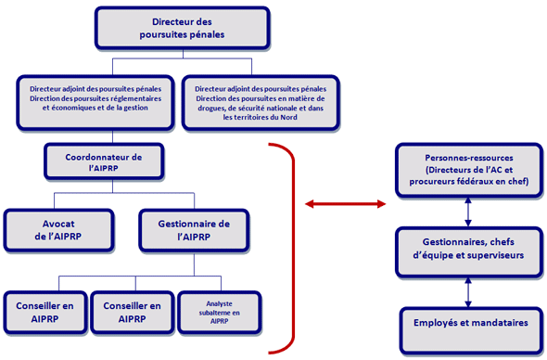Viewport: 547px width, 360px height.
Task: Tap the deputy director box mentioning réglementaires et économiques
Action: click(x=96, y=103)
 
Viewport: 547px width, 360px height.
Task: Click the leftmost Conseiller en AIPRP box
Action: click(x=45, y=312)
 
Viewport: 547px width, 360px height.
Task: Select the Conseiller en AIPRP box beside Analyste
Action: click(x=132, y=312)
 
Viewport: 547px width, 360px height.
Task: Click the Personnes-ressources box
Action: click(x=467, y=170)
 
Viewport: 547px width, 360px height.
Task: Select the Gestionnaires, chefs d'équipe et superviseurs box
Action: click(x=467, y=249)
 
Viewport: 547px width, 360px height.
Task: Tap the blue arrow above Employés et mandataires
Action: click(x=468, y=289)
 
